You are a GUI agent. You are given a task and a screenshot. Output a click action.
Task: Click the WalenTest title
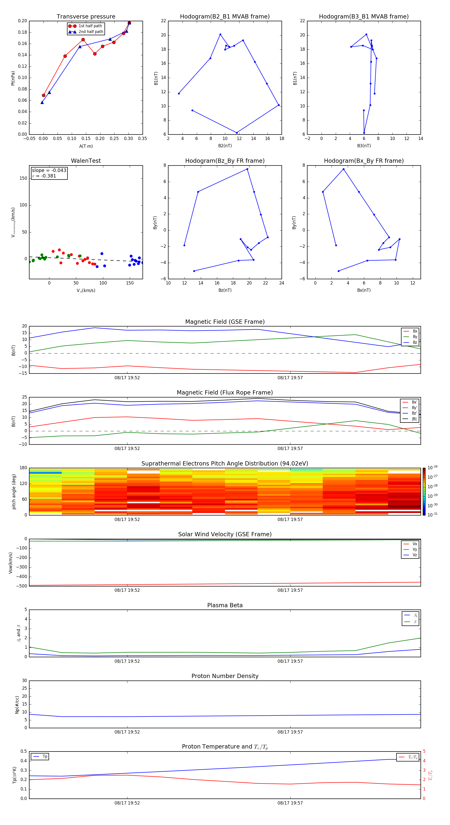click(x=86, y=161)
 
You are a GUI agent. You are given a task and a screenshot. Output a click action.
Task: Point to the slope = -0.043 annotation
click(x=49, y=170)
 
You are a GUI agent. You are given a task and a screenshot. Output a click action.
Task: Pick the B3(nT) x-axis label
click(x=364, y=146)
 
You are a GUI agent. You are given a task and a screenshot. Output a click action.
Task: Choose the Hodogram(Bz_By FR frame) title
click(x=224, y=161)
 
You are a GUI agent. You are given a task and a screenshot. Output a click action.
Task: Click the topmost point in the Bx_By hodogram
click(x=343, y=169)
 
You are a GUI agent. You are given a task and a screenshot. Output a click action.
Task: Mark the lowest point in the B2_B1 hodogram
click(x=237, y=133)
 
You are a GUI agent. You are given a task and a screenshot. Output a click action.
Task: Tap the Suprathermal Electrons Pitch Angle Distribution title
click(x=224, y=463)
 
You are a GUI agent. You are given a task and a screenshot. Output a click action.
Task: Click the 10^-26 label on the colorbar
click(x=432, y=467)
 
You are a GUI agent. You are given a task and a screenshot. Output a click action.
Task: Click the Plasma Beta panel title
click(x=224, y=605)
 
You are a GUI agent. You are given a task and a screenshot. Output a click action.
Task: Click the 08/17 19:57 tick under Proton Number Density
click(x=290, y=732)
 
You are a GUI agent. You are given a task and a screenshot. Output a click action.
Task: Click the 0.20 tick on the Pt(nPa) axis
click(x=22, y=21)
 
